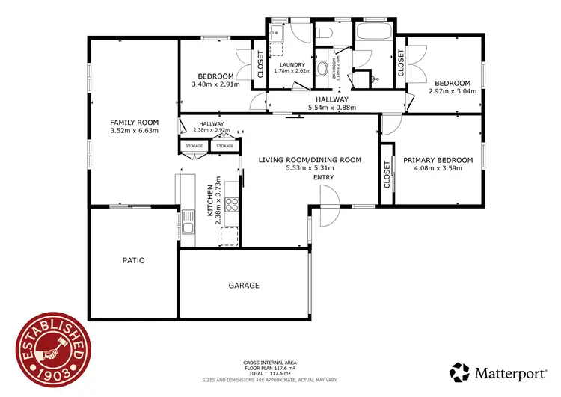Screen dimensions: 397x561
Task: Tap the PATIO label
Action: pyautogui.click(x=133, y=261)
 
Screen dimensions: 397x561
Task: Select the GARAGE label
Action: pyautogui.click(x=243, y=286)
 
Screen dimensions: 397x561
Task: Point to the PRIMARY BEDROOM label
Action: pyautogui.click(x=438, y=160)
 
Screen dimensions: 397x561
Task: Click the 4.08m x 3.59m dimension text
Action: pyautogui.click(x=438, y=169)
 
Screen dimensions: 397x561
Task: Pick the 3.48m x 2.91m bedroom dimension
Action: pyautogui.click(x=215, y=84)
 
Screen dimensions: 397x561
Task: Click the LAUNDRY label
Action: pyautogui.click(x=292, y=65)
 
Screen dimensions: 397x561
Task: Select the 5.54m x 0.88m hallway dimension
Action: pyautogui.click(x=331, y=108)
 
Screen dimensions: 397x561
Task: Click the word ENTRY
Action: pyautogui.click(x=323, y=177)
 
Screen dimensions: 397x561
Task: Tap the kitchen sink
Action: pyautogui.click(x=186, y=224)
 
